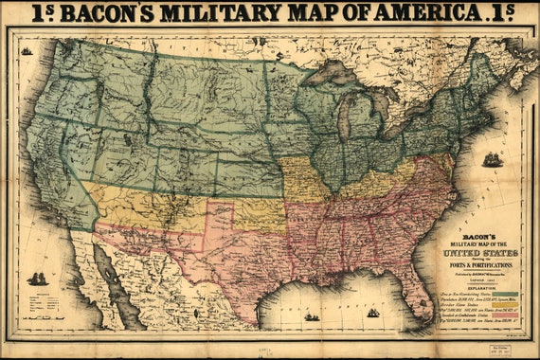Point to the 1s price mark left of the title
coord(44,11)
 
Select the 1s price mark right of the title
coord(500,11)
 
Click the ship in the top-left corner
coord(26,50)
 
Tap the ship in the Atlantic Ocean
coord(492,160)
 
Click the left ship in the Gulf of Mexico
coord(312,316)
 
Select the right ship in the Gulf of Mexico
coord(372,312)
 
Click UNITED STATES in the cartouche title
coord(484,254)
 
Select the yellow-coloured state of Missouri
coord(302,179)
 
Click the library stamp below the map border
coord(499,350)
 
